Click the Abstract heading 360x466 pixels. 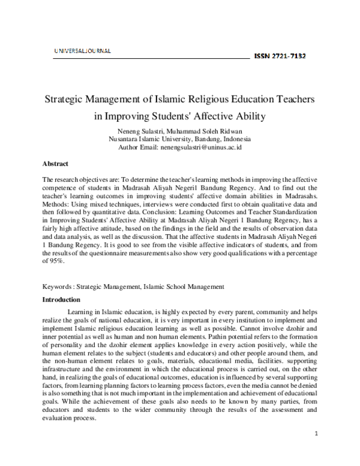coord(55,163)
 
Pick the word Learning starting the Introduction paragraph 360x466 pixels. coord(82,313)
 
